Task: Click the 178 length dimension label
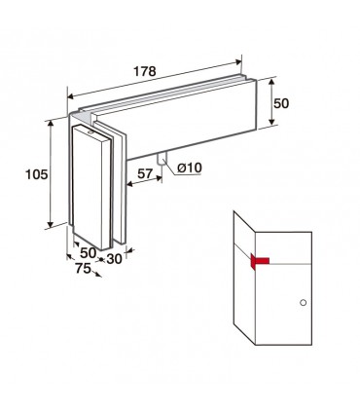[145, 71]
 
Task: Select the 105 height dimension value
[37, 174]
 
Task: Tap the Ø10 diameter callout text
[190, 168]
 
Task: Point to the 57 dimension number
[145, 173]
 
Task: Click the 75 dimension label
[83, 268]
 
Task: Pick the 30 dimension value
[114, 259]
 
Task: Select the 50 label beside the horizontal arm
[281, 103]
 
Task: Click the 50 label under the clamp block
[89, 253]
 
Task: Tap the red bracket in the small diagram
[260, 261]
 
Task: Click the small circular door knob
[304, 303]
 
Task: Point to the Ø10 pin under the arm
[162, 159]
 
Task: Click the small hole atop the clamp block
[90, 132]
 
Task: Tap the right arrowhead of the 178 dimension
[238, 62]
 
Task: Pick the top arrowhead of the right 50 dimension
[271, 82]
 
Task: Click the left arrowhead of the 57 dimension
[130, 184]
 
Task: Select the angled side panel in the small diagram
[244, 278]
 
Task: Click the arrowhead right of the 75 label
[97, 275]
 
